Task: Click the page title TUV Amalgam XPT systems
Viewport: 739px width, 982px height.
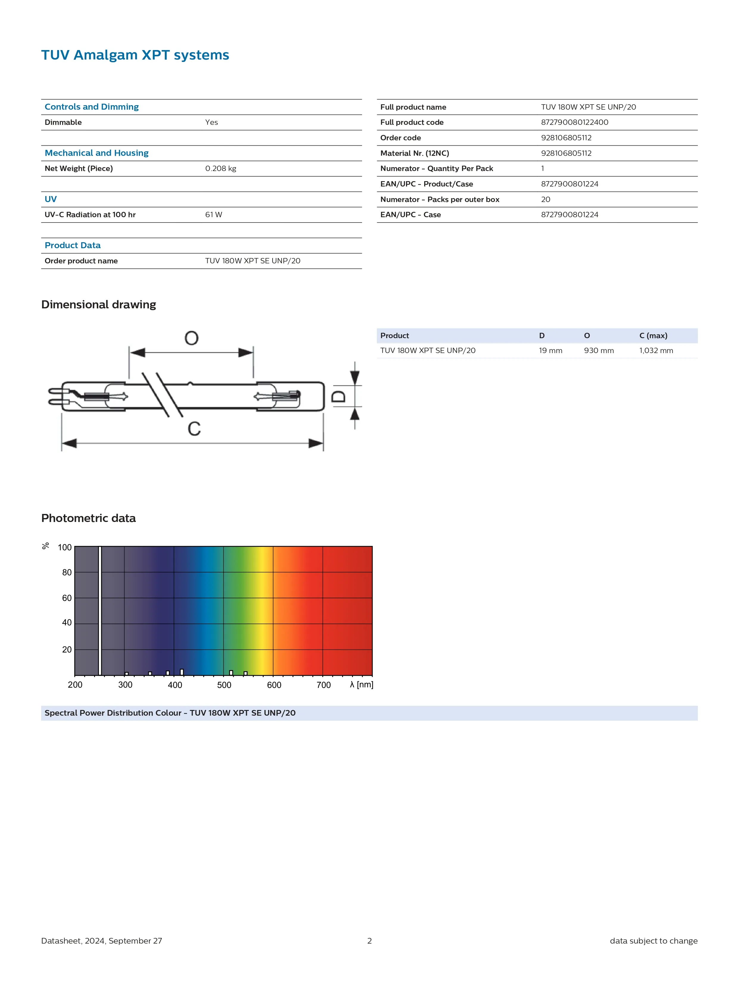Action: coord(135,55)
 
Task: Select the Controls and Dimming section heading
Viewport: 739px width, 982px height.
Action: coord(91,107)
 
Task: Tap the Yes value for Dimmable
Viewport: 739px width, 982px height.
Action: coord(211,122)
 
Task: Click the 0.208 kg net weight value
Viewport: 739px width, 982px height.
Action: coord(221,169)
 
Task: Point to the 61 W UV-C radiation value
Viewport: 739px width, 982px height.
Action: coord(214,215)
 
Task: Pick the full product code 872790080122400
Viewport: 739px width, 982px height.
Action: coord(574,122)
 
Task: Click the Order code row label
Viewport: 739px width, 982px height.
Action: coord(400,138)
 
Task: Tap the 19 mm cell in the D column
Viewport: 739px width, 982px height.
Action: coord(550,351)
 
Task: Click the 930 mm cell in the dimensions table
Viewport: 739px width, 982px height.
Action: coord(599,351)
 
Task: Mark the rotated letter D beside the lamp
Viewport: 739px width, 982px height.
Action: coord(339,396)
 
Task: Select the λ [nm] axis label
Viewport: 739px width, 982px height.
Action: coord(361,685)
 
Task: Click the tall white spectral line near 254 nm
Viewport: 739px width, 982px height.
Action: coord(100,611)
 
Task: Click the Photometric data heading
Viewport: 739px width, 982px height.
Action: coord(88,518)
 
